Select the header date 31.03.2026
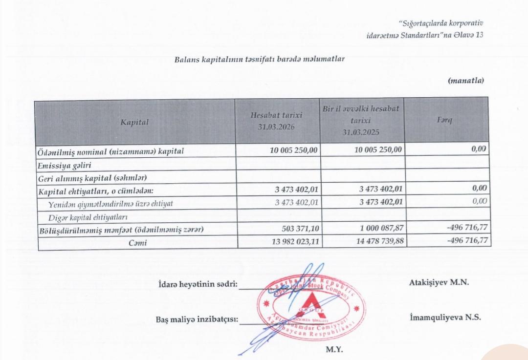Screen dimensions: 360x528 [x=276, y=127]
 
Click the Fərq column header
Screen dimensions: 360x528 [x=447, y=120]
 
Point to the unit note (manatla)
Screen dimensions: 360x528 [x=465, y=81]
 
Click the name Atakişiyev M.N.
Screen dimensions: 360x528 [x=438, y=282]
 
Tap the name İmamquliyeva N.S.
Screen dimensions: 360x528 [x=445, y=317]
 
